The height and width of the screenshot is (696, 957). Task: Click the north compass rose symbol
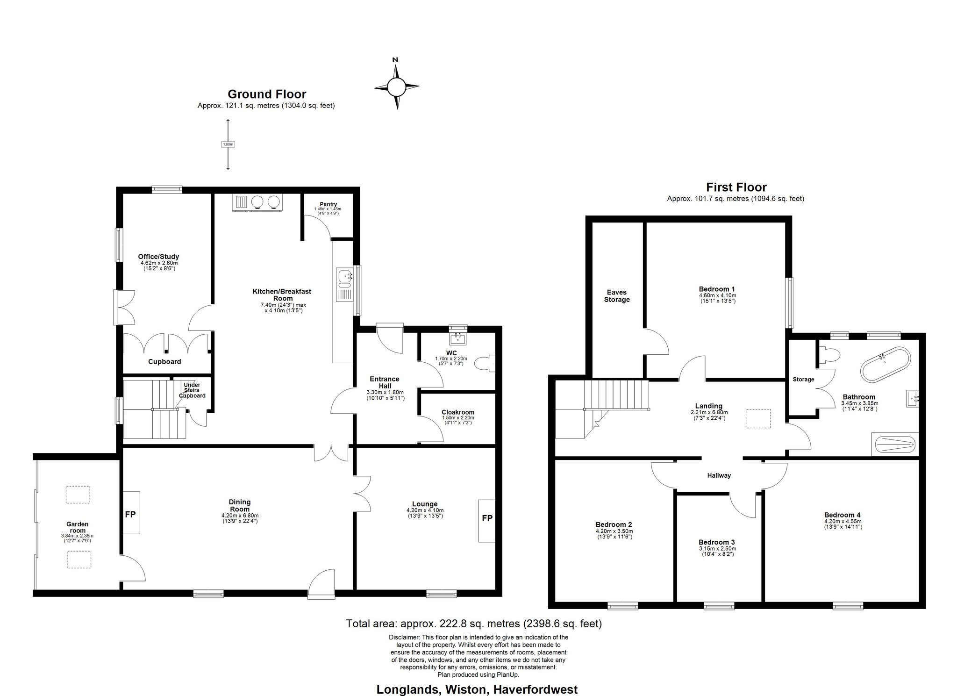[396, 86]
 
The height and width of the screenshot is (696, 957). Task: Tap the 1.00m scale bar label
[228, 144]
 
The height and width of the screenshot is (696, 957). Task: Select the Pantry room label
[328, 204]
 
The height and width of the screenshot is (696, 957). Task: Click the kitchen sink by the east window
[345, 285]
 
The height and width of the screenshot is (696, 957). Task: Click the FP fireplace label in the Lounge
[487, 518]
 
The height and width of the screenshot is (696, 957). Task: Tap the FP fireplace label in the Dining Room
[130, 514]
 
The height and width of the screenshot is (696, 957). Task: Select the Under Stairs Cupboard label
[192, 390]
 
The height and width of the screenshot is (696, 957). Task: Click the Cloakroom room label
[458, 412]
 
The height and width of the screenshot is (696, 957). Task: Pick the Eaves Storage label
[617, 296]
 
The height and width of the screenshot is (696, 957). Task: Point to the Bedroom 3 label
[717, 542]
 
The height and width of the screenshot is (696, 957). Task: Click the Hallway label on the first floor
[719, 475]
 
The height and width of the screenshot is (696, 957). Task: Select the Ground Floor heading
[266, 94]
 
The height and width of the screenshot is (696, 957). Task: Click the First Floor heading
[736, 187]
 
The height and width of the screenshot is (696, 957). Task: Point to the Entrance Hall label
[385, 381]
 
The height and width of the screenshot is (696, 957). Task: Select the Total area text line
[474, 623]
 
